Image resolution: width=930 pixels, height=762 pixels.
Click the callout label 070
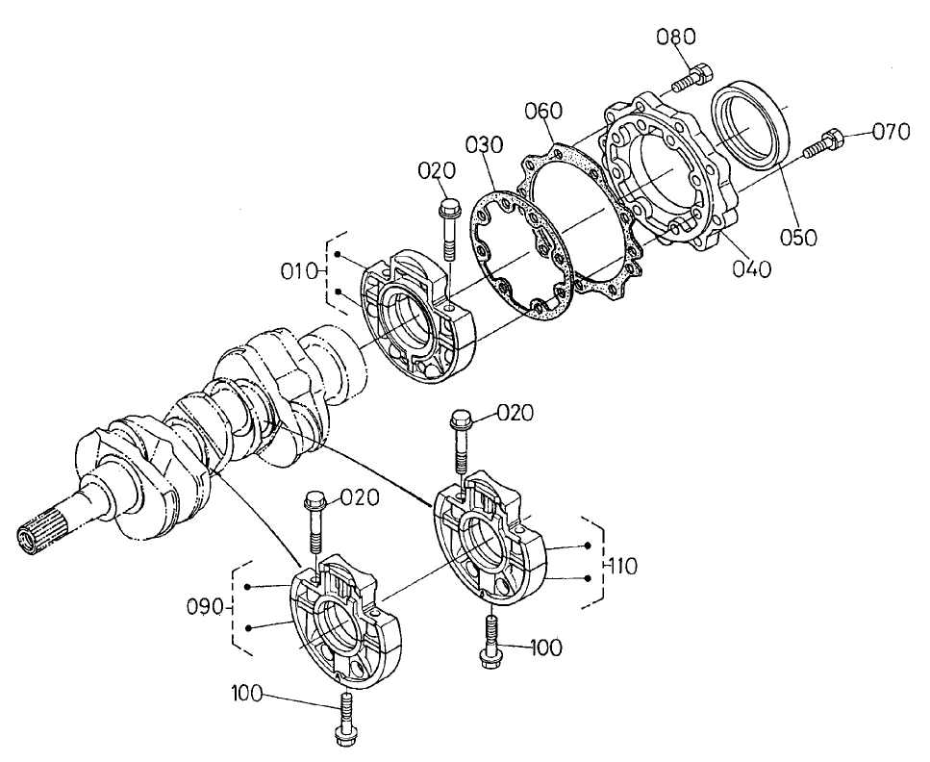[x=891, y=133]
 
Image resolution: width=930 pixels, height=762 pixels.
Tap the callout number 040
[x=750, y=269]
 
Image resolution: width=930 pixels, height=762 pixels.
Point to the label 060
[x=543, y=112]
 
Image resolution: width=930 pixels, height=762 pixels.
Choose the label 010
[x=299, y=271]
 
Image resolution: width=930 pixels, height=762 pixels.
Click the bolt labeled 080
[x=692, y=77]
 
